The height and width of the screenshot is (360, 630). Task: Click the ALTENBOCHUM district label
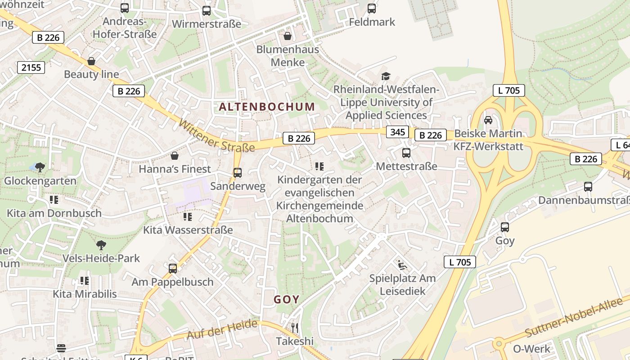click(x=267, y=107)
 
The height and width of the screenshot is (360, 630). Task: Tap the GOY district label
click(x=287, y=300)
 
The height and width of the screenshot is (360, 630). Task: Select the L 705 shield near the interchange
click(x=509, y=90)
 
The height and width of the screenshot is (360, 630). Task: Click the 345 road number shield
click(x=397, y=132)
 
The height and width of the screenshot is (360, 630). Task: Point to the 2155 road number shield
click(x=31, y=67)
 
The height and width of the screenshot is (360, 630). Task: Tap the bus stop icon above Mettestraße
click(x=406, y=153)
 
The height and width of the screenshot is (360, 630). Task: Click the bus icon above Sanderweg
click(x=238, y=172)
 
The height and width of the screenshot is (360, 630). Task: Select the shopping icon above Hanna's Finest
click(x=175, y=156)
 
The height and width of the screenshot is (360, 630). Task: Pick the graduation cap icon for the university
click(x=386, y=76)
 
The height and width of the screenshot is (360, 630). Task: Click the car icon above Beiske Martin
click(x=488, y=120)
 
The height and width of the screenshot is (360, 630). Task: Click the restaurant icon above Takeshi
click(x=295, y=327)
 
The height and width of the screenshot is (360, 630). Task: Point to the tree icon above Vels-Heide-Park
click(x=101, y=245)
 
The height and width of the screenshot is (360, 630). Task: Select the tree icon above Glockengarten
click(x=40, y=167)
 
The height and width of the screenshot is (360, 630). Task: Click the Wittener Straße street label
click(x=216, y=135)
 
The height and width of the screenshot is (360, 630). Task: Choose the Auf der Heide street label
click(x=222, y=329)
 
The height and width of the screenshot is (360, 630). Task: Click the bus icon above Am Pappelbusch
click(x=173, y=269)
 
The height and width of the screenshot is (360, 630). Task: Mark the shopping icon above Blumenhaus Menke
click(x=288, y=36)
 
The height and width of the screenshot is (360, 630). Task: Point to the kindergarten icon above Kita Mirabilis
click(x=85, y=281)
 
